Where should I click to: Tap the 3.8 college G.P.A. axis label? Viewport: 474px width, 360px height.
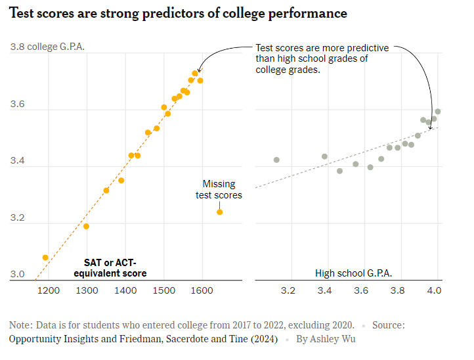point(47,47)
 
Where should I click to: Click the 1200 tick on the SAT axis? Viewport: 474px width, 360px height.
point(48,290)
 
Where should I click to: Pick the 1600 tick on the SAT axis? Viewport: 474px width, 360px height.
point(202,290)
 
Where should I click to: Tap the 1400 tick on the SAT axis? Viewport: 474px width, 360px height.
point(125,290)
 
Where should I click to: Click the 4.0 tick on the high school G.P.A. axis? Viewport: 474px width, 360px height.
point(435,290)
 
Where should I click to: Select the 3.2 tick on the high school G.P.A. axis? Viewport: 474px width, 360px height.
point(288,290)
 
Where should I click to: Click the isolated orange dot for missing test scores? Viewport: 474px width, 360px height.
point(219,212)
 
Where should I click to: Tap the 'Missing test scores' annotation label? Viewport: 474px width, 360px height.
point(219,190)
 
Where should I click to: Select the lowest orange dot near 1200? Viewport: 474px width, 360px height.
point(45,258)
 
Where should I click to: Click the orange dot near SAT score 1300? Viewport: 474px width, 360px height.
point(86,227)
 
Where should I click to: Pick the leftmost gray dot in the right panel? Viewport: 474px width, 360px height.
point(276,160)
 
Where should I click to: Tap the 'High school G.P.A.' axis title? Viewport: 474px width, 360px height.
point(353,273)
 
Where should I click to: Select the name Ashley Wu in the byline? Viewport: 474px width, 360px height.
point(335,340)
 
